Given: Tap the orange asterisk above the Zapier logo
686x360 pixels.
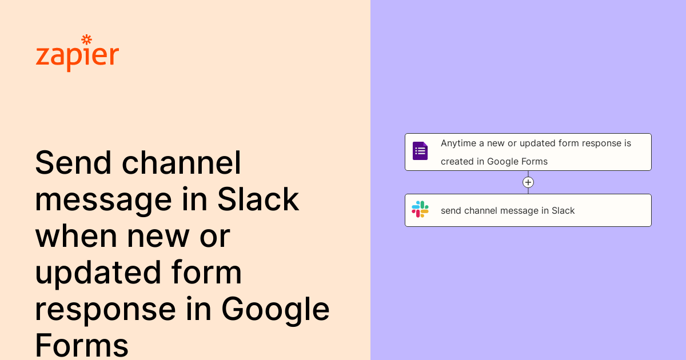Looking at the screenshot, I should click(87, 39).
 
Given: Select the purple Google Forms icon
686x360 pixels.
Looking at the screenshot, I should click(420, 151).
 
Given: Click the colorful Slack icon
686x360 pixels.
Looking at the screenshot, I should click(420, 209).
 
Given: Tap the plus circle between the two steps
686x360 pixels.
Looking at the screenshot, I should click(528, 182).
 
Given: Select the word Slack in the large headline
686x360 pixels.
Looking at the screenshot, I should click(258, 199).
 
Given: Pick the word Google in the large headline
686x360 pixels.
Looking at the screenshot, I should click(276, 309).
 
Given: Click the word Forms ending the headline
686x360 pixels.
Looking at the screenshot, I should click(81, 345).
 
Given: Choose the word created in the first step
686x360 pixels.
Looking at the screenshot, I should click(457, 161).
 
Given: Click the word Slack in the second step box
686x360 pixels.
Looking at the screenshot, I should click(563, 210).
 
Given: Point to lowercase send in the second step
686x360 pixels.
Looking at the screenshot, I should click(451, 210).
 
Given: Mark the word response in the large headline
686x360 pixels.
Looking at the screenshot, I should click(105, 309).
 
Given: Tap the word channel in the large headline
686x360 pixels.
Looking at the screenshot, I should click(181, 163).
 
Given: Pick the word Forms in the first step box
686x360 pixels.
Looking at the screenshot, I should click(533, 161).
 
